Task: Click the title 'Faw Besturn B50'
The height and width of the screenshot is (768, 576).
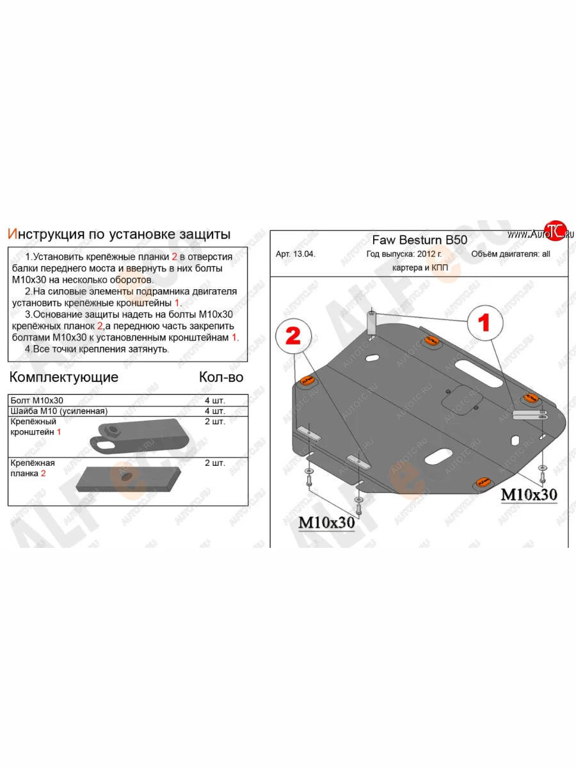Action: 419,240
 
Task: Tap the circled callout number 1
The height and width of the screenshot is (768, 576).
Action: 484,323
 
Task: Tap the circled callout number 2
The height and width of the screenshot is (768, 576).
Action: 293,336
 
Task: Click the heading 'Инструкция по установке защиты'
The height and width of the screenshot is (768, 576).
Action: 119,234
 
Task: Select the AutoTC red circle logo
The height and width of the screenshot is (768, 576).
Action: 556,230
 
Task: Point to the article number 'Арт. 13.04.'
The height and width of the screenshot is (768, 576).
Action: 296,254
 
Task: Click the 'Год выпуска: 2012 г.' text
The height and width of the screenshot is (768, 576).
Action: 404,254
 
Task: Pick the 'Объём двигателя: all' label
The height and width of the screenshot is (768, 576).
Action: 511,254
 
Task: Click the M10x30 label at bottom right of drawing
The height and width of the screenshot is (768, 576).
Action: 529,495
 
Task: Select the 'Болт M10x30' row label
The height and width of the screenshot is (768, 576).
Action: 36,401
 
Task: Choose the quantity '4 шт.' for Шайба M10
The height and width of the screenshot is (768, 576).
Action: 215,411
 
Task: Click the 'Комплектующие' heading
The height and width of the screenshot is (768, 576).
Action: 64,377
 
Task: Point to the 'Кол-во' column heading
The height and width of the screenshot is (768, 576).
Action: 221,377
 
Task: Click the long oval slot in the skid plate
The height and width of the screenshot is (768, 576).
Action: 479,373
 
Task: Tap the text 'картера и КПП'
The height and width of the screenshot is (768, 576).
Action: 420,268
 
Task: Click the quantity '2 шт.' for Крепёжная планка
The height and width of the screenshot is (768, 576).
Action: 215,463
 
